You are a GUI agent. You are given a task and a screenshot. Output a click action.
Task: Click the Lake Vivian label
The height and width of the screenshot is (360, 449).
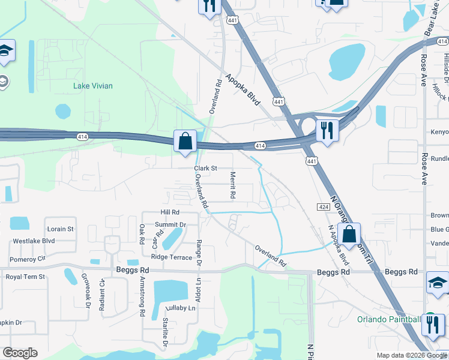click(x=92, y=86)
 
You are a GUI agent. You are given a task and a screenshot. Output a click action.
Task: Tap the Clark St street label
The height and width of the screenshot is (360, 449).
click(x=205, y=169)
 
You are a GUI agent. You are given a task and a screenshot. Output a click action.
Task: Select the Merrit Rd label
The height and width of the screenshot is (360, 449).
click(x=232, y=185)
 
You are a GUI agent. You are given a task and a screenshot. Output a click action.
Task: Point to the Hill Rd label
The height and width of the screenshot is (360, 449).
click(x=170, y=212)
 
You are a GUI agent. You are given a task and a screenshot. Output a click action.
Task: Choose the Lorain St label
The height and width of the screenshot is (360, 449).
click(x=60, y=229)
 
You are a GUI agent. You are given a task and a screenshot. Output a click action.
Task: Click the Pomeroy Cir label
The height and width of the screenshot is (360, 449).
click(x=28, y=259)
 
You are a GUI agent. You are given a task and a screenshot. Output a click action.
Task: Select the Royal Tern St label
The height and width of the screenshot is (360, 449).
click(x=25, y=277)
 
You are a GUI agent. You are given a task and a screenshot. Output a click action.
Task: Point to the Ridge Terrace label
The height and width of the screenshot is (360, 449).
click(x=172, y=257)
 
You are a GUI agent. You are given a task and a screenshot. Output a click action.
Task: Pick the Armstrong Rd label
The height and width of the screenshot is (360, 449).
click(x=142, y=296)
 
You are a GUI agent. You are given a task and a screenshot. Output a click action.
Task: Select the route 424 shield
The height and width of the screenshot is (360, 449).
click(x=323, y=206)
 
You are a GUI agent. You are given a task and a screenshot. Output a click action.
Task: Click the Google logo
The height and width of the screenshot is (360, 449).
click(x=20, y=353)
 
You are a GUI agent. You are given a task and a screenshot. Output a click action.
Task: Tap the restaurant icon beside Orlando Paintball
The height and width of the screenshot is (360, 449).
click(x=430, y=325)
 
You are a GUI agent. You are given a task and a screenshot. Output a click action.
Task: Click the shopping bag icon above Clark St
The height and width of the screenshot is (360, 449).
click(x=185, y=142)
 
